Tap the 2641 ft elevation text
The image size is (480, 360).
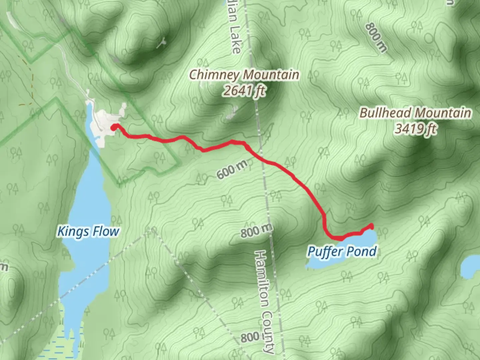pos(244,90)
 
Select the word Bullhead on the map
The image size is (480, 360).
pos(385,113)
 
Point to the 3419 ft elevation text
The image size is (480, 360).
pos(415,128)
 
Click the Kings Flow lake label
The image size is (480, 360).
pos(88,231)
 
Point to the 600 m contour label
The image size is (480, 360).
pos(232,169)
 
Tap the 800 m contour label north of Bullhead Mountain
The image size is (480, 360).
pos(376,37)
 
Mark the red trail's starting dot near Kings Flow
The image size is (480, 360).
pos(114,127)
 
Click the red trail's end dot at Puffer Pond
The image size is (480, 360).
pos(371,226)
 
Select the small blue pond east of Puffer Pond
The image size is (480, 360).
pos(471,267)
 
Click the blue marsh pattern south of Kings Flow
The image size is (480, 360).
pos(63,347)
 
